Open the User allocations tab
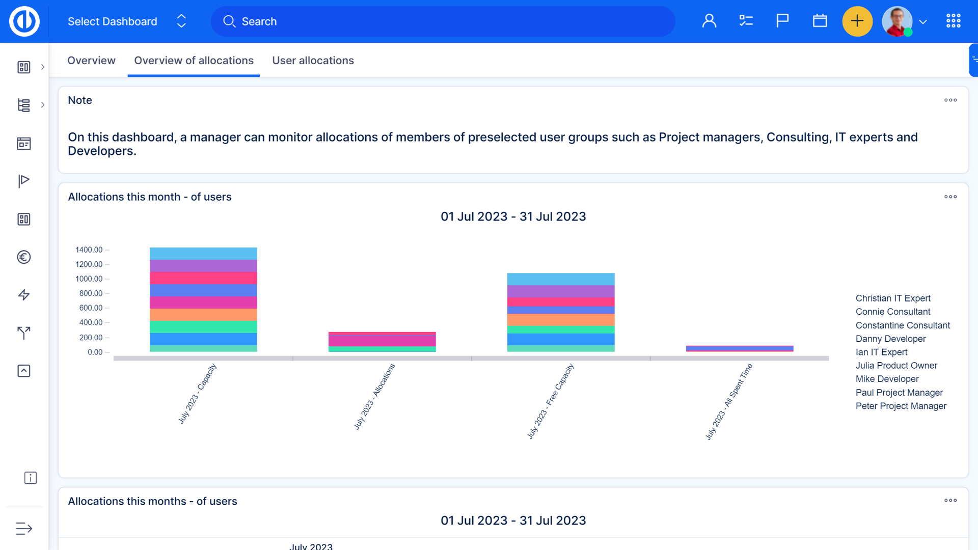click(313, 61)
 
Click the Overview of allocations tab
click(194, 61)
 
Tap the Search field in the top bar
click(443, 21)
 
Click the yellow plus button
click(857, 21)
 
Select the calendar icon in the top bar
click(820, 21)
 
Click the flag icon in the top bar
click(782, 21)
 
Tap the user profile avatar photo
click(897, 21)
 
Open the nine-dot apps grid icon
click(953, 21)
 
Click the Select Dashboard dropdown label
click(113, 21)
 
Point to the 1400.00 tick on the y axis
click(89, 250)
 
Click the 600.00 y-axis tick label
click(91, 308)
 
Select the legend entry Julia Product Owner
click(896, 366)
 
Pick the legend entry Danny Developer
click(890, 339)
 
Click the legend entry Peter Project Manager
click(901, 406)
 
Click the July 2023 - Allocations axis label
click(374, 397)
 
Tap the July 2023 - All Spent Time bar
click(739, 348)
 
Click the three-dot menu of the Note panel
click(950, 100)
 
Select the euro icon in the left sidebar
click(24, 257)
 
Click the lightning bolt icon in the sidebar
click(24, 295)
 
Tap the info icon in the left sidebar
click(31, 478)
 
